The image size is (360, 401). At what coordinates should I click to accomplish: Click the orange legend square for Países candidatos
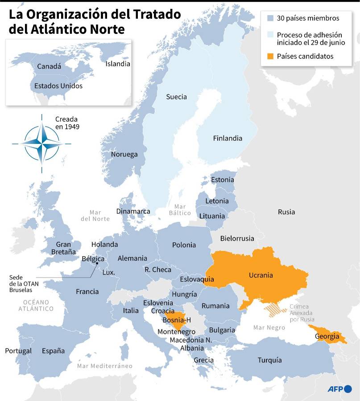[x=270, y=56]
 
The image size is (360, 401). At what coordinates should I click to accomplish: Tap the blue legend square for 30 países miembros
[x=270, y=18]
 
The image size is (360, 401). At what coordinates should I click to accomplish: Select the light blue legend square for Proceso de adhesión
[x=270, y=35]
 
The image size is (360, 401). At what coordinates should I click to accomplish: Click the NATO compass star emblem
[x=41, y=143]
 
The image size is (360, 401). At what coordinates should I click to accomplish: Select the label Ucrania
[x=261, y=275]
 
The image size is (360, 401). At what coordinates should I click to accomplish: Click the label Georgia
[x=327, y=336]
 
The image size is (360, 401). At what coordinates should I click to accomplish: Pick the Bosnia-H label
[x=177, y=320]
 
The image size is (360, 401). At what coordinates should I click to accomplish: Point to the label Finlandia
[x=228, y=138]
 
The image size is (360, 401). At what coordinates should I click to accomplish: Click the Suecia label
[x=176, y=97]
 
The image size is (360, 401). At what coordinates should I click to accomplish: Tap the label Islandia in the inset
[x=118, y=64]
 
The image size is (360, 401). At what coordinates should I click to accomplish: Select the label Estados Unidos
[x=58, y=86]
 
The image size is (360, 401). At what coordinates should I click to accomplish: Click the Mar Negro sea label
[x=269, y=327]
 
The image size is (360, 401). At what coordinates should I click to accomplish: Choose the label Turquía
[x=269, y=360]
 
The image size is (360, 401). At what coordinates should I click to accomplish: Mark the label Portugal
[x=18, y=351]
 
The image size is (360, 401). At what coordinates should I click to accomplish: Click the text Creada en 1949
[x=66, y=123]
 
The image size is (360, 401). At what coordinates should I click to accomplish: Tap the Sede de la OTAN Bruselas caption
[x=22, y=283]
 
